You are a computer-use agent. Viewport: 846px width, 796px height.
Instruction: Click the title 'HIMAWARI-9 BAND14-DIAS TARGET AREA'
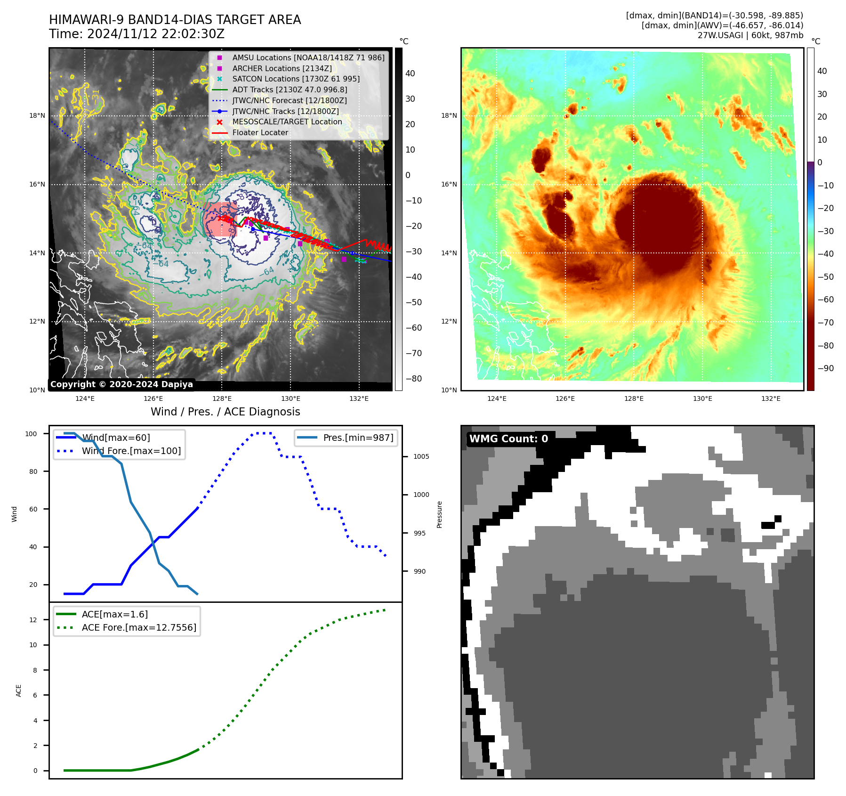pos(175,20)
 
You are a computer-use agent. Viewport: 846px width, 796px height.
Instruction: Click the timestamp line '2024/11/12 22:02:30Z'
pos(156,34)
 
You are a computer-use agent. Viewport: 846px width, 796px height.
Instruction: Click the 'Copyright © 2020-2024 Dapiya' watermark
pos(121,384)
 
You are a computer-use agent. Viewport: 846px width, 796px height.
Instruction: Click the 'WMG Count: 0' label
pos(508,439)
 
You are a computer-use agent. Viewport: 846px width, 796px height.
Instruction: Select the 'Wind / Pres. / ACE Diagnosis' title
pos(225,412)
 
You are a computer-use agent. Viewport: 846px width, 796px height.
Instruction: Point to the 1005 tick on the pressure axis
pos(421,456)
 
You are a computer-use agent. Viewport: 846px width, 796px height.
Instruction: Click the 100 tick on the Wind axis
pos(31,434)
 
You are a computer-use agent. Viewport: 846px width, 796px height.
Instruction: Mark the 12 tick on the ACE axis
pos(33,620)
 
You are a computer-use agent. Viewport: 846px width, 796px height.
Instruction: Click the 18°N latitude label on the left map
pos(37,116)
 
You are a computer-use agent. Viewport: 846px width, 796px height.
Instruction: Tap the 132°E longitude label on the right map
pos(771,399)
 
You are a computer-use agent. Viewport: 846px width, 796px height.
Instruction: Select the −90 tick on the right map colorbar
pos(825,368)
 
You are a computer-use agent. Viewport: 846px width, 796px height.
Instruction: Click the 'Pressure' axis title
pos(439,514)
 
